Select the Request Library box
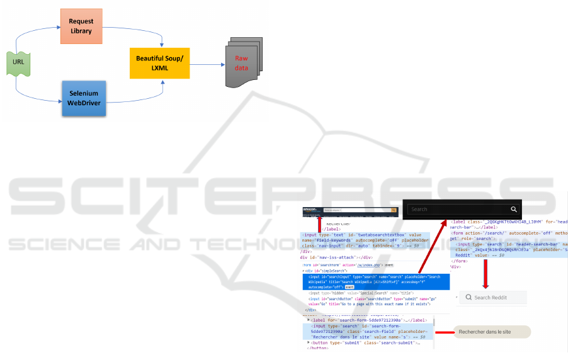click(x=81, y=26)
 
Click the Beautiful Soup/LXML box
click(x=159, y=63)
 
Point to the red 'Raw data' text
click(x=242, y=63)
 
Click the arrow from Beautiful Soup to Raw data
click(x=207, y=63)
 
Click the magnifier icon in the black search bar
click(x=514, y=209)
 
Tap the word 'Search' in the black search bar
click(x=419, y=210)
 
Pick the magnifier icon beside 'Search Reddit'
click(x=468, y=298)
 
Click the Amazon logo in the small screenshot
click(x=309, y=210)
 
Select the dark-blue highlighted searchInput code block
click(x=375, y=281)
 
